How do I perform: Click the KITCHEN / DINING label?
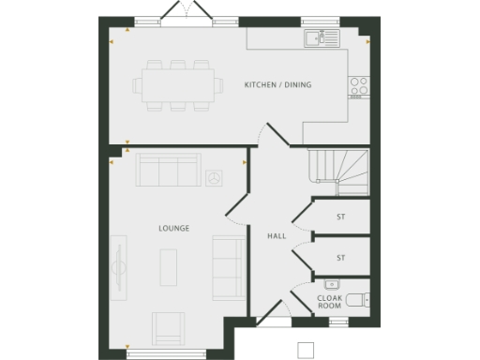[277, 85]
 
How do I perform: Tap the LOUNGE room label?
[173, 228]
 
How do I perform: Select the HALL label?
[277, 236]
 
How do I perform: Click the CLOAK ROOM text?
[329, 302]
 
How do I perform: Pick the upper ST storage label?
[341, 217]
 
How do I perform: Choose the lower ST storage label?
[341, 256]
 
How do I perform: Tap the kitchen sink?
[319, 38]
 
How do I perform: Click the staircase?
[338, 169]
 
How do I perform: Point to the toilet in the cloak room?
[357, 300]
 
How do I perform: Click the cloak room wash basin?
[331, 283]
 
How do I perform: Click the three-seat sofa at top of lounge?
[168, 171]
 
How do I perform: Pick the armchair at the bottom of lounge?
[169, 328]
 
